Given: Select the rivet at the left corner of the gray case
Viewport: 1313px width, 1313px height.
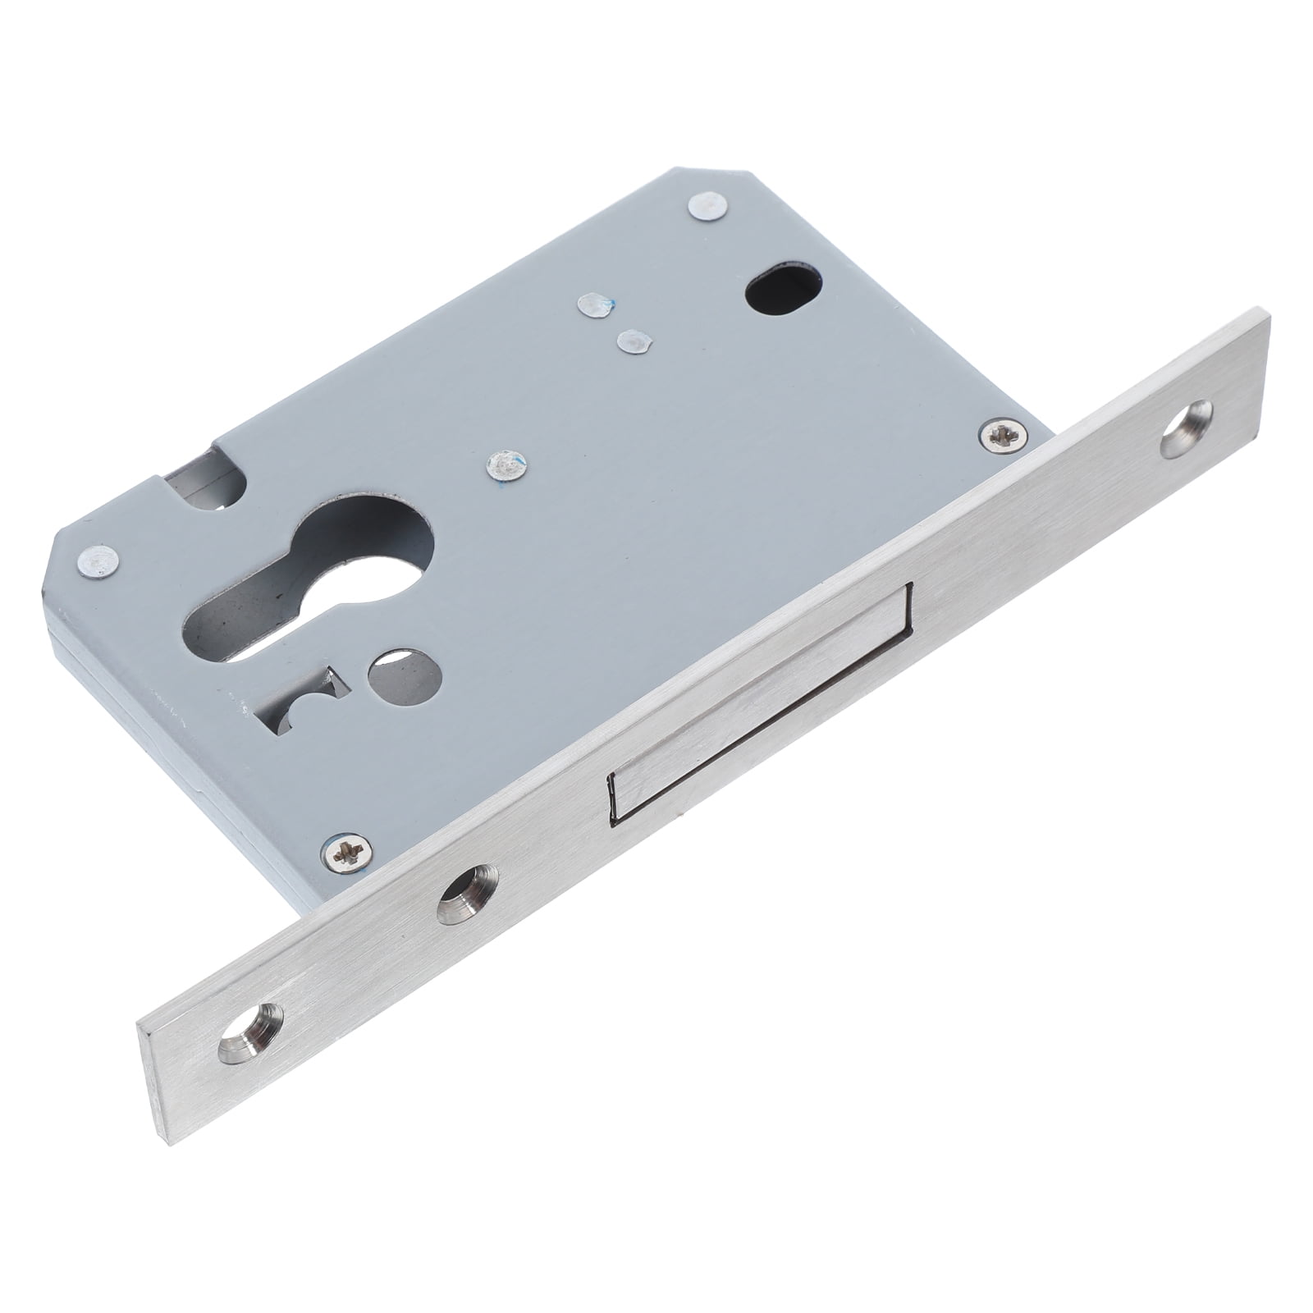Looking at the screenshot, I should pos(100,561).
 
